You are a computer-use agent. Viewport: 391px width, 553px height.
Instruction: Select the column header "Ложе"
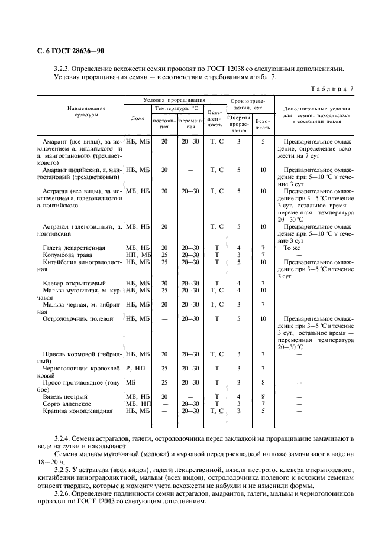click(137, 118)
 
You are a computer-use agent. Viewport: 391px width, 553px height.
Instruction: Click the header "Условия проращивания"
click(175, 100)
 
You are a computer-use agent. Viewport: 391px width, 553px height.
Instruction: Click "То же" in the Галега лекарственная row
click(293, 248)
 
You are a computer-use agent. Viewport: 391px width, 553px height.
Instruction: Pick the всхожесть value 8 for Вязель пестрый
click(263, 396)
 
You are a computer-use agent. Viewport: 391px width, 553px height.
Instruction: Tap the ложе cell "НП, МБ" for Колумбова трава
click(138, 255)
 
